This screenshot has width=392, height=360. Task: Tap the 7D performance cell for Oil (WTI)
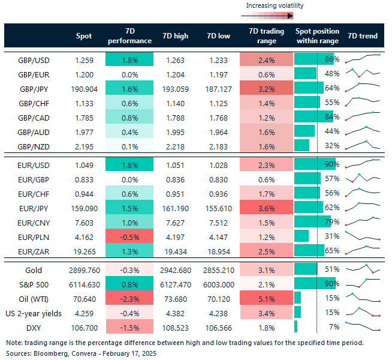coord(129,298)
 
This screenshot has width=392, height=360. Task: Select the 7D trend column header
coord(363,36)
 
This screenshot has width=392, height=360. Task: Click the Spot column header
coord(84,36)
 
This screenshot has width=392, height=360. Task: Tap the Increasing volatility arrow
coord(274,16)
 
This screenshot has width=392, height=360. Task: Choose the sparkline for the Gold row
coord(363,269)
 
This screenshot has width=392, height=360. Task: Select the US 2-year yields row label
coord(34,313)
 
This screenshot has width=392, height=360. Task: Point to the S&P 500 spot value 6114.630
coord(84,284)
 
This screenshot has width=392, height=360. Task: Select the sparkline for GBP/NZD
coord(363,145)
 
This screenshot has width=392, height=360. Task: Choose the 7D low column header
coord(216,36)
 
